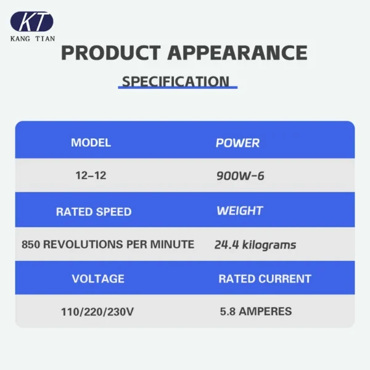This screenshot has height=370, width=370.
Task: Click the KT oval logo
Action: click(32, 22)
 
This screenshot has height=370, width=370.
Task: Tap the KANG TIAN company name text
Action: click(33, 39)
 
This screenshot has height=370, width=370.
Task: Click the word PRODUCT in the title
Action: click(111, 53)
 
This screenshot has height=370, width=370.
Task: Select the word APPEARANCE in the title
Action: click(237, 53)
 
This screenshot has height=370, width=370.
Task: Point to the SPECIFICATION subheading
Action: click(176, 81)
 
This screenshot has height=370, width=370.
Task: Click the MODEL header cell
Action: click(91, 143)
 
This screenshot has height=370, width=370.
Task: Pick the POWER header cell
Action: click(237, 143)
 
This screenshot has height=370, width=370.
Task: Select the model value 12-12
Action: click(91, 176)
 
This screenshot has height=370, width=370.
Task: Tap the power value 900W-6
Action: click(240, 176)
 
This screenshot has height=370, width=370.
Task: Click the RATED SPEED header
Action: click(94, 212)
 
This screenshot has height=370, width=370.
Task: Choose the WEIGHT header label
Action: click(240, 211)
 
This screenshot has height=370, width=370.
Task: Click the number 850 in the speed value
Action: click(31, 244)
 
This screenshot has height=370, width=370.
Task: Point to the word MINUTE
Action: click(172, 244)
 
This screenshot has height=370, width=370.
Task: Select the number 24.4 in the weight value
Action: click(227, 245)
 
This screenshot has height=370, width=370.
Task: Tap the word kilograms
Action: click(269, 245)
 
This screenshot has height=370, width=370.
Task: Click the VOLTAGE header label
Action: click(98, 279)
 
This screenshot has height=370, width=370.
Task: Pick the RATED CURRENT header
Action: click(265, 279)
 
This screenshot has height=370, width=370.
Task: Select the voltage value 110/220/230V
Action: click(97, 312)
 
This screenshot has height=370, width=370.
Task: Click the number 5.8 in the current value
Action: click(228, 311)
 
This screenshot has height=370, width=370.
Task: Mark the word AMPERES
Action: click(265, 311)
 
